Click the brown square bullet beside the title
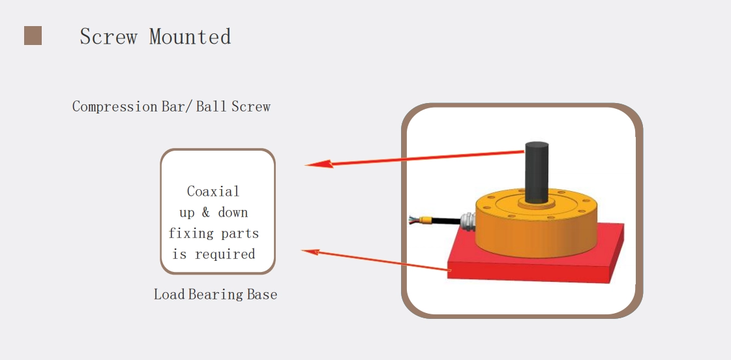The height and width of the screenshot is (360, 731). (x=33, y=35)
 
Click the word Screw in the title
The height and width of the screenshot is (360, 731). (x=108, y=37)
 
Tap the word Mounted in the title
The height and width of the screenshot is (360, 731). (x=190, y=37)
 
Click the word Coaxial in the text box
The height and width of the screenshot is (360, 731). (x=213, y=191)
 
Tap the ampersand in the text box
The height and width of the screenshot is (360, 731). (x=206, y=213)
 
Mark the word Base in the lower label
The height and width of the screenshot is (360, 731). (x=262, y=295)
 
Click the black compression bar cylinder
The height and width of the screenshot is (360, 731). (x=537, y=171)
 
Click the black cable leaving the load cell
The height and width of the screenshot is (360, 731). (x=443, y=221)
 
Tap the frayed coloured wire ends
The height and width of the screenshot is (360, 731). (x=413, y=220)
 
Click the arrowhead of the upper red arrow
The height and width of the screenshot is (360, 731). (x=319, y=164)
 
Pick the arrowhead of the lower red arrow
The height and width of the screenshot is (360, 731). (x=310, y=252)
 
